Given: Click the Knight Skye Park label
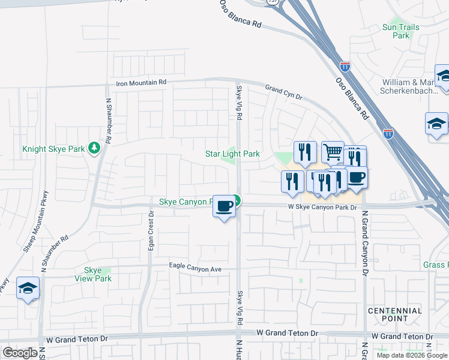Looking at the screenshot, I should [54, 149].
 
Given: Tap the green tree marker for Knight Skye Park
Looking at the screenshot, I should [94, 148].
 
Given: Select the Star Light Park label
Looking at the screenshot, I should [233, 154].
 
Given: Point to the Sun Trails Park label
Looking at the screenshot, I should [396, 31].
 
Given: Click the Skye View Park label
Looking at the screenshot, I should [93, 274].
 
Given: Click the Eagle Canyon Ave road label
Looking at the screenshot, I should [196, 268].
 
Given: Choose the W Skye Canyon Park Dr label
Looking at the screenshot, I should [322, 207].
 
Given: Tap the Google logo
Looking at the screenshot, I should [19, 353].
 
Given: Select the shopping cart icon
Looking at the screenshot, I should [332, 152].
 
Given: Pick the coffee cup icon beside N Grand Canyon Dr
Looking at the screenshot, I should [357, 178].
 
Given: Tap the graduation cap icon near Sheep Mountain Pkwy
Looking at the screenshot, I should [28, 288].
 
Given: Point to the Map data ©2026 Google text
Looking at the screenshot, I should [412, 355].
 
